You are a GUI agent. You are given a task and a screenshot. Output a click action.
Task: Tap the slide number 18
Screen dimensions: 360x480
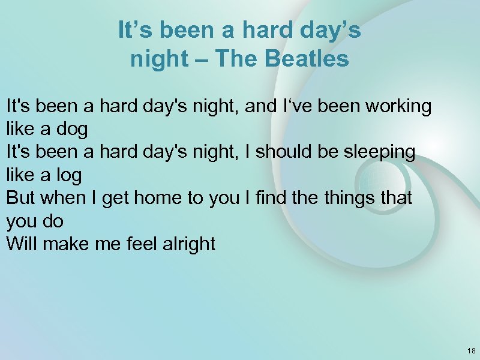click(x=471, y=350)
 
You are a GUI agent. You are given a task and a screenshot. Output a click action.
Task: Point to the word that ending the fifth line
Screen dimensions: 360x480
click(x=396, y=198)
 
